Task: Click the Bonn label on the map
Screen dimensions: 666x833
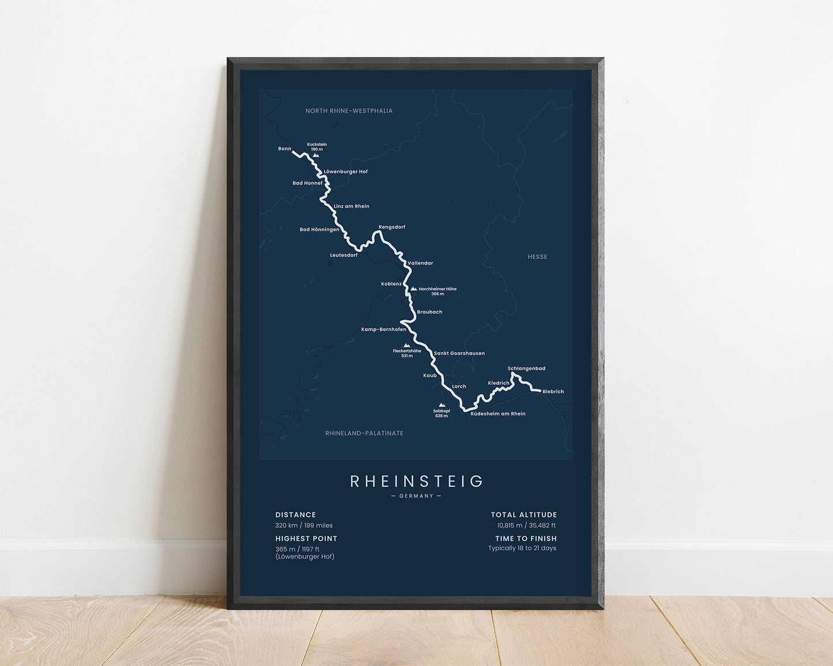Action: pos(285,149)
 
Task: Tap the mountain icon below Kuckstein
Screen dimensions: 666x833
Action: pos(315,155)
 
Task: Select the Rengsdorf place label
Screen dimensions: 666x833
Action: pos(392,227)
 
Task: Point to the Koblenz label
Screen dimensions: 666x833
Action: pos(391,283)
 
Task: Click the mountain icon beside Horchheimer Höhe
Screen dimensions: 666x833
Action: pos(413,289)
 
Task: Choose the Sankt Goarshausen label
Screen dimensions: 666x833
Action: pos(459,353)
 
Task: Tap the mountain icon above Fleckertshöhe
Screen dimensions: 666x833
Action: pos(406,345)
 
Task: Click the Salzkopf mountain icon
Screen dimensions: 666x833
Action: pos(442,405)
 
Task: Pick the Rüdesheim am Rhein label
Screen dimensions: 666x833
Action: pos(497,414)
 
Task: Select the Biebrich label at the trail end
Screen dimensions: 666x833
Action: pos(553,391)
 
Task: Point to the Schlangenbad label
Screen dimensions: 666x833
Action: pos(526,368)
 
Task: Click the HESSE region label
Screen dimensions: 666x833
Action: pos(537,257)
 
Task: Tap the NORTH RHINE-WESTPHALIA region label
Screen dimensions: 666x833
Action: pos(349,111)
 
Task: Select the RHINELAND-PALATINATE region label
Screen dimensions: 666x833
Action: pos(364,433)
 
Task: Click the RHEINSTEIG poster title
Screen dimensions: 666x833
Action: pos(416,481)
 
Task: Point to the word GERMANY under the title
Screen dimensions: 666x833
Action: pos(416,496)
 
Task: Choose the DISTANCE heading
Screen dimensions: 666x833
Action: pos(296,515)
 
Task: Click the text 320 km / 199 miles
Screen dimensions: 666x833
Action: pos(304,525)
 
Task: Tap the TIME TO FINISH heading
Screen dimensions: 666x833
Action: pos(526,538)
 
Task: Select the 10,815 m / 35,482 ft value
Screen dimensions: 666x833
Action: pos(526,525)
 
